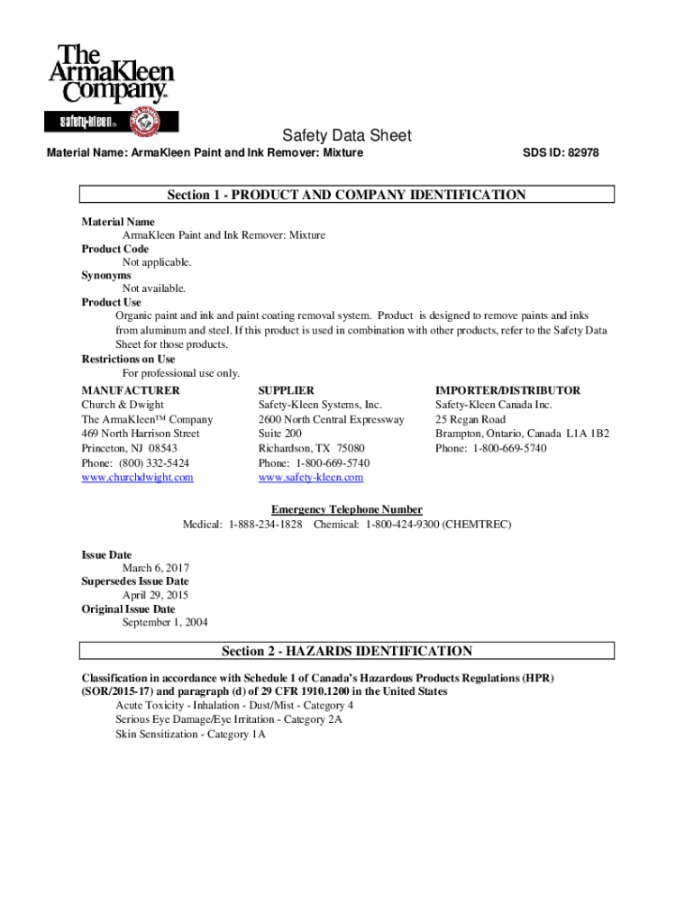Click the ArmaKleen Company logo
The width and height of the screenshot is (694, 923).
[113, 73]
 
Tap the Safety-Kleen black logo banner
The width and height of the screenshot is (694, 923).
[112, 120]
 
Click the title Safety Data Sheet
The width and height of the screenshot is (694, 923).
[347, 136]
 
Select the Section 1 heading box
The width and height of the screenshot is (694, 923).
[347, 195]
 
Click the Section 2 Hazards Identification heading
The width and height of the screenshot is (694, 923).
[347, 651]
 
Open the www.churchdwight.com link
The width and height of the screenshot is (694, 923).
[137, 477]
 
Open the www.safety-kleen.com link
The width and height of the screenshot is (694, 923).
[310, 477]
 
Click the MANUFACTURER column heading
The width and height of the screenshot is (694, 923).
[130, 390]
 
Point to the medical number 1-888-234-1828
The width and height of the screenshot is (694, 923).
[265, 524]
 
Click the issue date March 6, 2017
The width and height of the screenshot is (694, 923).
[156, 568]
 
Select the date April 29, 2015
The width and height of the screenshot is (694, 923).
[156, 595]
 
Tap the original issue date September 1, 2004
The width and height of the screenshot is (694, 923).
[165, 623]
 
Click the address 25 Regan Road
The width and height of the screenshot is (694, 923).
[470, 419]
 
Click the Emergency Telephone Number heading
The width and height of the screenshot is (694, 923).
[347, 509]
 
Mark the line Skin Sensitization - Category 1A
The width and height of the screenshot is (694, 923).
[190, 735]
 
